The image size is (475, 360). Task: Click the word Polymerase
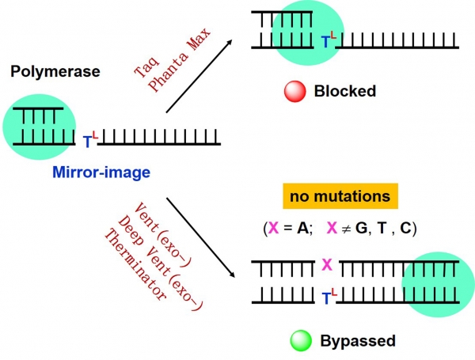[55, 72]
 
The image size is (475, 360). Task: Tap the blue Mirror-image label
[101, 172]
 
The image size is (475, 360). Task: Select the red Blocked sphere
[294, 91]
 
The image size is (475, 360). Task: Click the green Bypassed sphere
[301, 341]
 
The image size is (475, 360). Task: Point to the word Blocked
[344, 91]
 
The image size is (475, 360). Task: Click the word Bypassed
[358, 341]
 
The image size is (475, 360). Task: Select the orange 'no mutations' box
[340, 196]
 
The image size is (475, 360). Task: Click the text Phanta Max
[180, 60]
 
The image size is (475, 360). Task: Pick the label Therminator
[135, 264]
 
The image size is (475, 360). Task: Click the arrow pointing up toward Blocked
[199, 76]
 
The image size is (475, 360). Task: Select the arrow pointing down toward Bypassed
[201, 237]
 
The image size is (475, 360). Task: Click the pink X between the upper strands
[326, 265]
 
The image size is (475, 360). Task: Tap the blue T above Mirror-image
[87, 142]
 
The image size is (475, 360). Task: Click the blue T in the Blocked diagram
[325, 42]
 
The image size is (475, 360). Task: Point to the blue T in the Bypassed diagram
[326, 298]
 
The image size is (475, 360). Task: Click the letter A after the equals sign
[302, 228]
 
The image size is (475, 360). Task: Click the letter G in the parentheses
[361, 228]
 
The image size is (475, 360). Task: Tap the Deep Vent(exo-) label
[159, 263]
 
